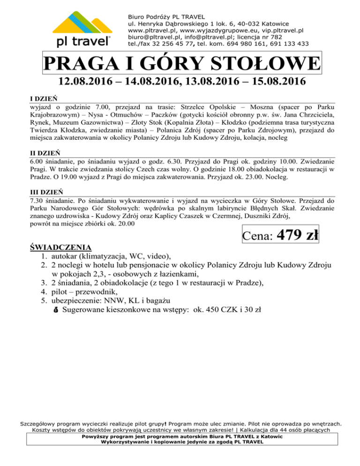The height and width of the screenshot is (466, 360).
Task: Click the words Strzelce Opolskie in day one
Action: coord(207,107)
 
